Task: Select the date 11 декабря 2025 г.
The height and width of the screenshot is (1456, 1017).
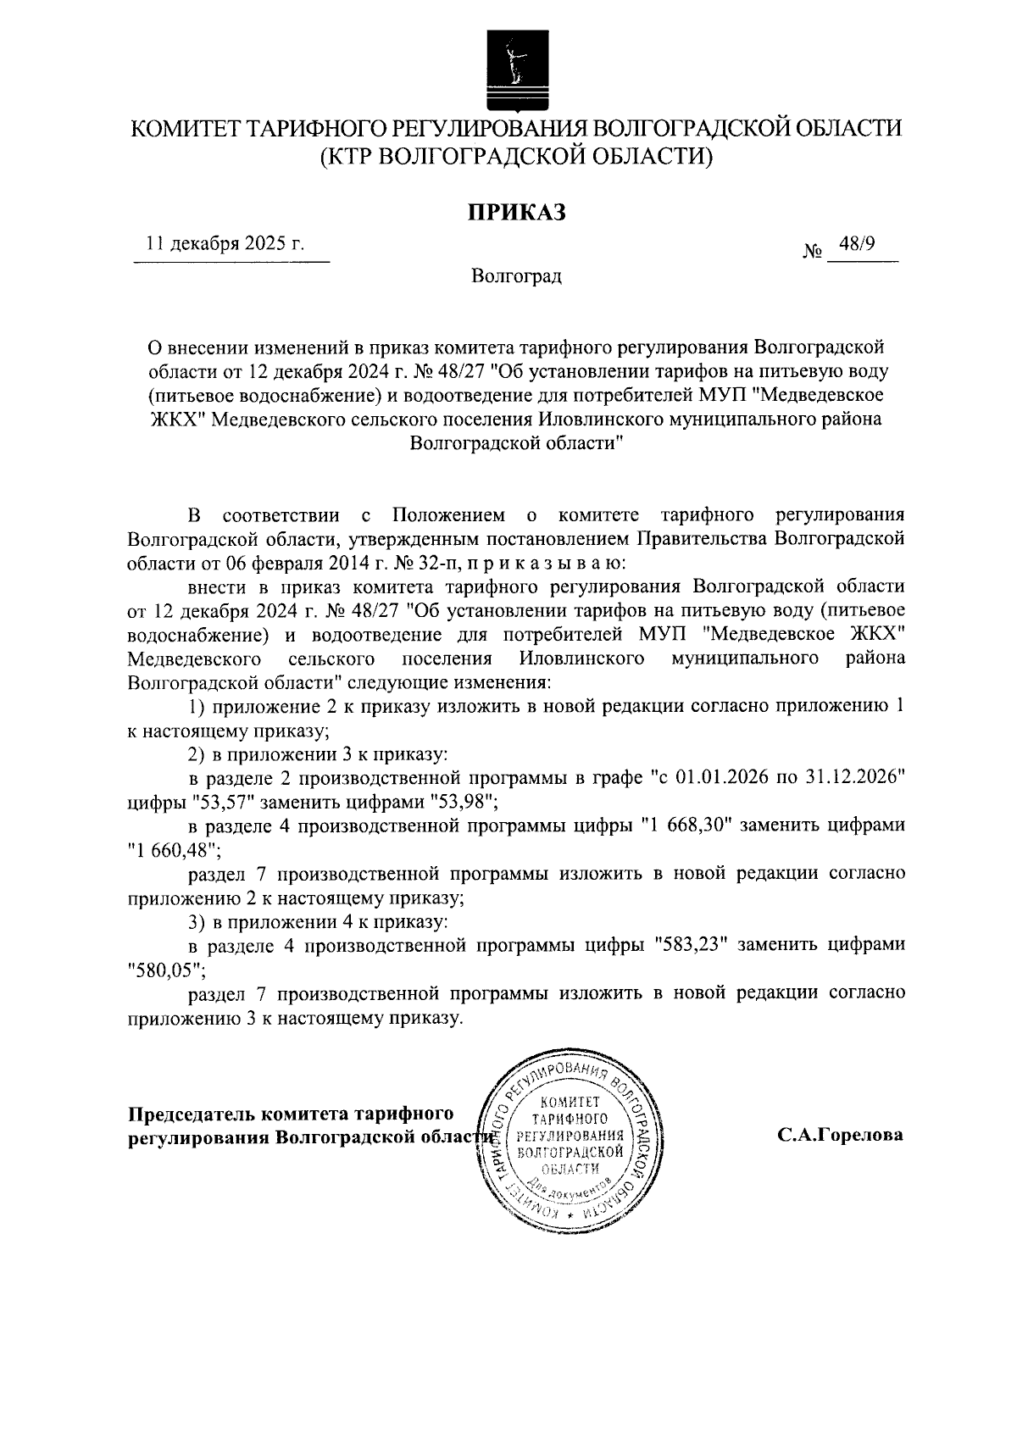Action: click(225, 245)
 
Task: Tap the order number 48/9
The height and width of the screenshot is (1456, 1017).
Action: click(856, 245)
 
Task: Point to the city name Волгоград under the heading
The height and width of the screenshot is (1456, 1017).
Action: click(516, 276)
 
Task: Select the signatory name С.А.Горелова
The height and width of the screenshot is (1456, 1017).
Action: click(841, 1136)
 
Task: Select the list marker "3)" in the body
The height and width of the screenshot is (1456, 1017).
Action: click(197, 920)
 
